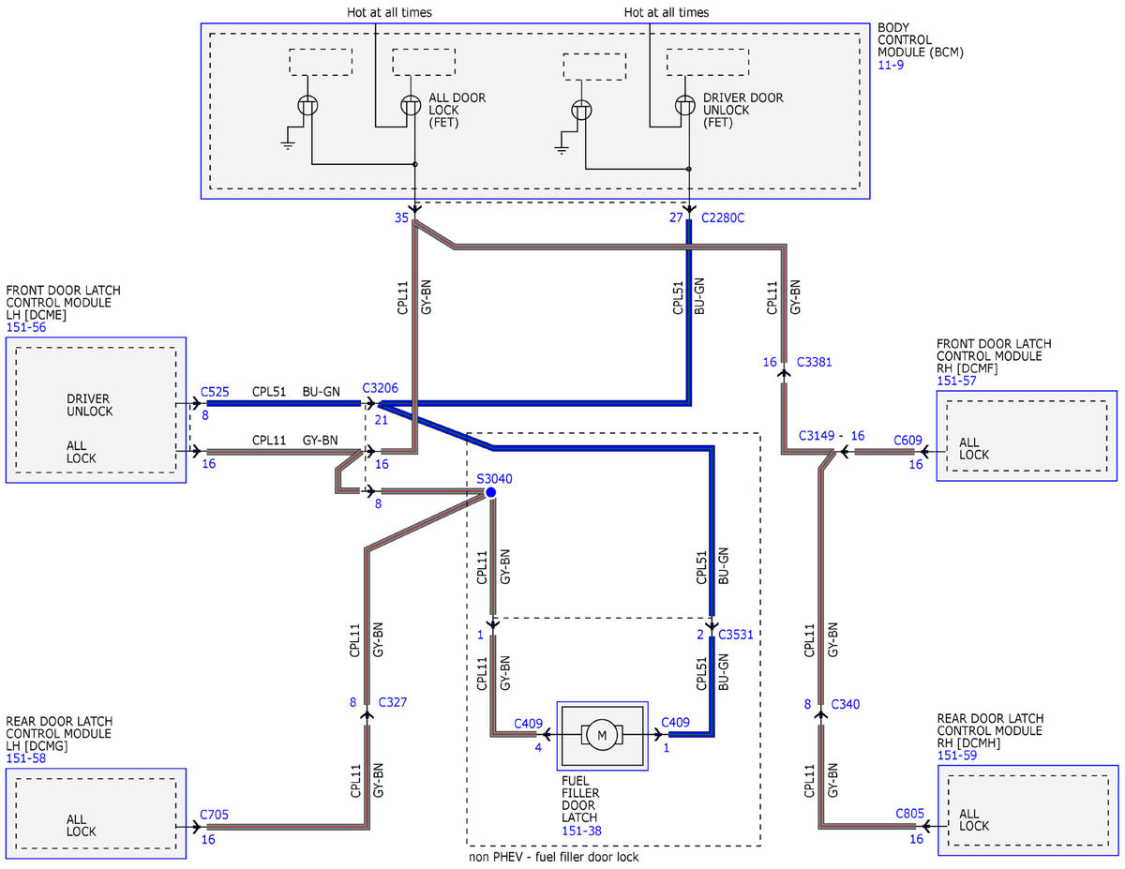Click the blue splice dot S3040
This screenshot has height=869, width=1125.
point(490,492)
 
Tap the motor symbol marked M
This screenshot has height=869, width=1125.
point(602,734)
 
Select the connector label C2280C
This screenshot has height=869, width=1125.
point(722,217)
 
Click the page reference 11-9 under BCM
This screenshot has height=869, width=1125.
point(891,66)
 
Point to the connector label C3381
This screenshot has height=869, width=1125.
point(814,362)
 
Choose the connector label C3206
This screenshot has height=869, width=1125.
point(380,388)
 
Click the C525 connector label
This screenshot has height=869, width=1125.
point(215,392)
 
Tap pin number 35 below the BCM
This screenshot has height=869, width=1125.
point(401,217)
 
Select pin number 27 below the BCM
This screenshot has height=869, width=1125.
point(676,217)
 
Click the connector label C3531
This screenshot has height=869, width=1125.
point(735,635)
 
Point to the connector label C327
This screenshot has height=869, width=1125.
point(393,702)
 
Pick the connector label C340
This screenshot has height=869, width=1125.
point(845,704)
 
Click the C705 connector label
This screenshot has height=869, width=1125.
point(214,815)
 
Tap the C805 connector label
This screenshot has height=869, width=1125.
point(909,814)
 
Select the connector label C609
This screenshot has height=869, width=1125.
point(907,440)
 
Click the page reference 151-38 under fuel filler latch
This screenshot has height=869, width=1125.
point(581,832)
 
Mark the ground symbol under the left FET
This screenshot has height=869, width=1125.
point(288,144)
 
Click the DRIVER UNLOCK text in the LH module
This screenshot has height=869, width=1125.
point(90,405)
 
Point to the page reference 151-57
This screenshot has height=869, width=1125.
point(956,381)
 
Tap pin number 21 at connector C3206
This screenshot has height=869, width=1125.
point(381,420)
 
